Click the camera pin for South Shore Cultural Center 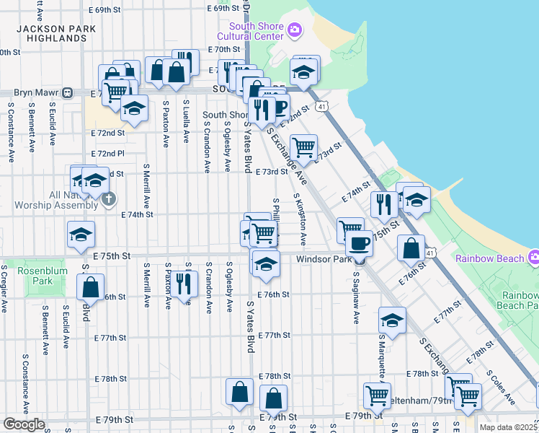tap(293, 29)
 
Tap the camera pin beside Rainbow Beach tap(534, 257)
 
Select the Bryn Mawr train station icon tap(67, 92)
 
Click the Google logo tap(24, 424)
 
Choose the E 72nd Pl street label tap(108, 154)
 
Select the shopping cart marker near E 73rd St tap(304, 146)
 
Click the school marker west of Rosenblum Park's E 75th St tap(81, 234)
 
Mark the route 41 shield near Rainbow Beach tap(429, 253)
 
